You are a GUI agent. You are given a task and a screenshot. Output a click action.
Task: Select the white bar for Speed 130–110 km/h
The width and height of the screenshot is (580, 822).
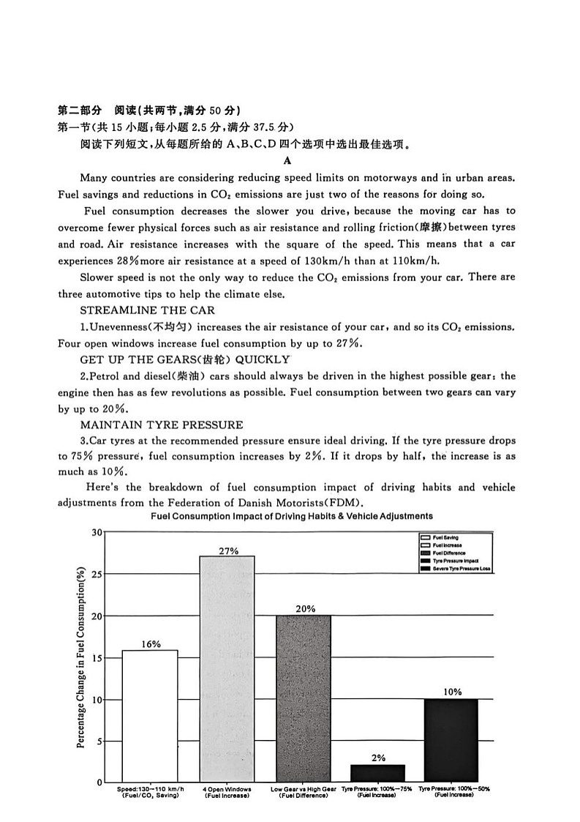pyautogui.click(x=150, y=715)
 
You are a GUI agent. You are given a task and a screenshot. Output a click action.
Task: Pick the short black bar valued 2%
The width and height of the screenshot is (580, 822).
pyautogui.click(x=377, y=773)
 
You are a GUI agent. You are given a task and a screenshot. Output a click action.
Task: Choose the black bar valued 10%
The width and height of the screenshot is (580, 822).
pyautogui.click(x=451, y=740)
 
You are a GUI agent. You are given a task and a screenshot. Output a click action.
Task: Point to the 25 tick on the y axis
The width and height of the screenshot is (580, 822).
pyautogui.click(x=97, y=575)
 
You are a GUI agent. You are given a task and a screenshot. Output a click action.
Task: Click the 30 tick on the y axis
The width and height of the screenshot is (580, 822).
pyautogui.click(x=97, y=532)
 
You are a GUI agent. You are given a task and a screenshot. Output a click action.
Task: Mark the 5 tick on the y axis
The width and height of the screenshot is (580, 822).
pyautogui.click(x=99, y=741)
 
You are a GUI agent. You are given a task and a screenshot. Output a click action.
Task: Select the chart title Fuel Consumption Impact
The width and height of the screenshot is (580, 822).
pyautogui.click(x=291, y=516)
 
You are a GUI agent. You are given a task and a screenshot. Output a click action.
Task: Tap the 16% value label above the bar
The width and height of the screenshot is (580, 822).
pyautogui.click(x=150, y=644)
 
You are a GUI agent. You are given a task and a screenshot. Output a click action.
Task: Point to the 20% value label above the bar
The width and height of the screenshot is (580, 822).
pyautogui.click(x=305, y=609)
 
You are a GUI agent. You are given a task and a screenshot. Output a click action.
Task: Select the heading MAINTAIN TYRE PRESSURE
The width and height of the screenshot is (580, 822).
pyautogui.click(x=162, y=425)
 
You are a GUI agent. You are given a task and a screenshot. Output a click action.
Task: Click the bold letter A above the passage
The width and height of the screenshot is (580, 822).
pyautogui.click(x=287, y=160)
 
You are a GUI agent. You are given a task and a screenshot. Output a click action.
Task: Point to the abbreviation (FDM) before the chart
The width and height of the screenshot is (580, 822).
pyautogui.click(x=346, y=503)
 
